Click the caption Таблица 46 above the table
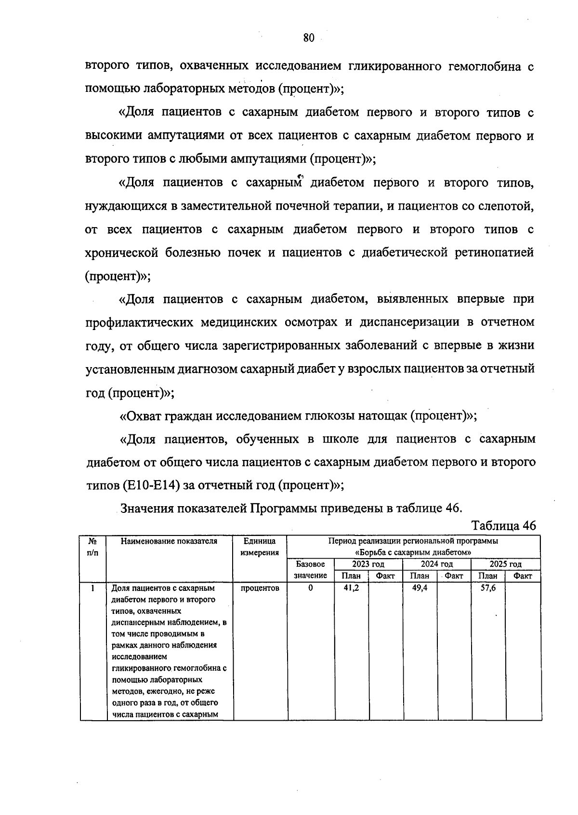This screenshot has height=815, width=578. click(x=503, y=525)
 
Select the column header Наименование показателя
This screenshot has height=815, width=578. click(x=169, y=541)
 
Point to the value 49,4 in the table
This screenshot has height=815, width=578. click(x=420, y=588)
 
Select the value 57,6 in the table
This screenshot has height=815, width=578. click(x=488, y=588)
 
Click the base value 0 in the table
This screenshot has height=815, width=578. click(x=311, y=588)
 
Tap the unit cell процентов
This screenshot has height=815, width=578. click(x=260, y=588)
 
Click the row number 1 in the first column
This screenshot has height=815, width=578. click(x=92, y=588)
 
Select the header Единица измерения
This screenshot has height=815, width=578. click(x=260, y=547)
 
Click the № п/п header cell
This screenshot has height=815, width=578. click(x=92, y=547)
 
